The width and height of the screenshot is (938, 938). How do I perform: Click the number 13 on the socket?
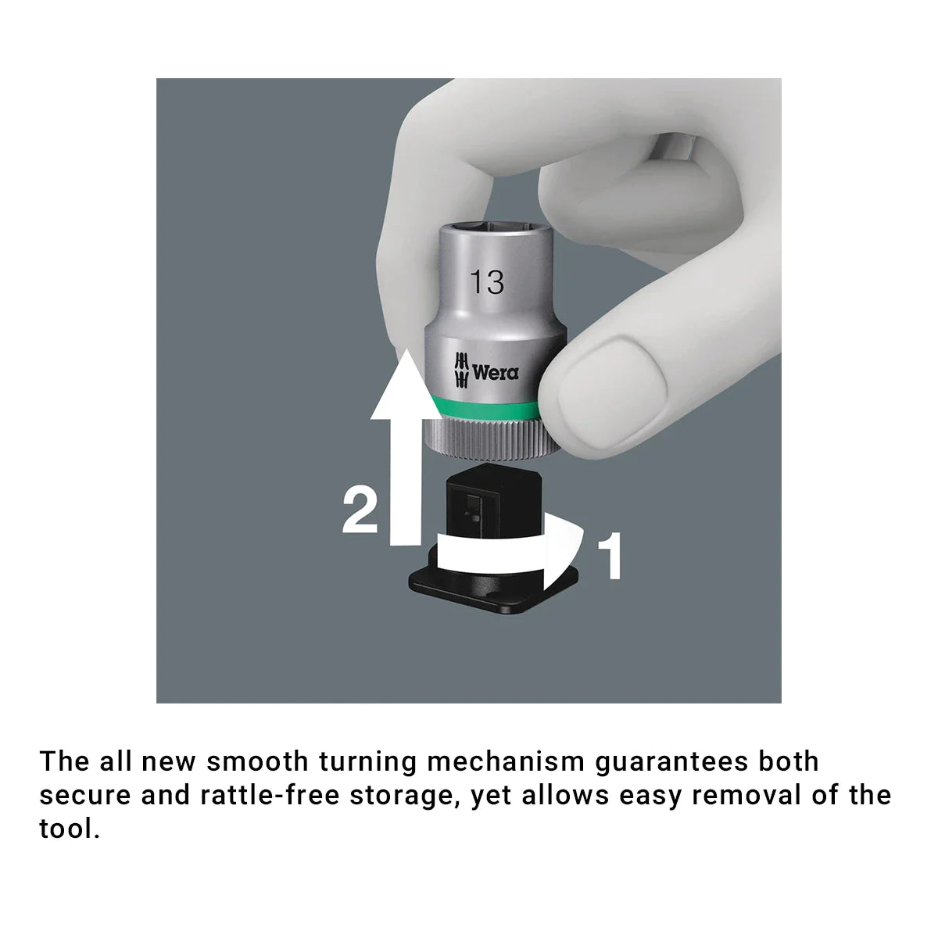pyautogui.click(x=487, y=282)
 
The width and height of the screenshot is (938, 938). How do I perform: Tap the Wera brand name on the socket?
pyautogui.click(x=496, y=373)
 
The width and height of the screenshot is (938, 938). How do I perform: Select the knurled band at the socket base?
pyautogui.click(x=482, y=438)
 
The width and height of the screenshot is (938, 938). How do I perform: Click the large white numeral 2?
pyautogui.click(x=360, y=511)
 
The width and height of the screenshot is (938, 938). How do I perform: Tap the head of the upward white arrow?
pyautogui.click(x=406, y=385)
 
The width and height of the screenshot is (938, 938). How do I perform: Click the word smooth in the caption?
pyautogui.click(x=257, y=762)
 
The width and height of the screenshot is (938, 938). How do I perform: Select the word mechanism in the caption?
pyautogui.click(x=507, y=762)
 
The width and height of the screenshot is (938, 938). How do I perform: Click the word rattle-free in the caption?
pyautogui.click(x=270, y=796)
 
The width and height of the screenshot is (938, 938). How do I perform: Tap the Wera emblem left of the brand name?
pyautogui.click(x=461, y=371)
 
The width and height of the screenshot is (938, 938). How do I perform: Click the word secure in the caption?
pyautogui.click(x=85, y=797)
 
